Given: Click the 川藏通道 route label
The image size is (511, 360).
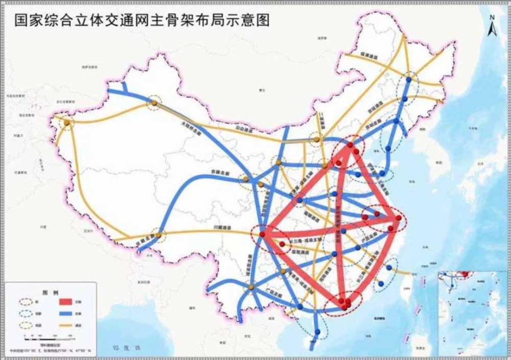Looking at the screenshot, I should pos(223,229).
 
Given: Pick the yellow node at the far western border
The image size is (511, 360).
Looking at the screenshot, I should pos(66,123).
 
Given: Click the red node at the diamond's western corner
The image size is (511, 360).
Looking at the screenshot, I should pos(262,234).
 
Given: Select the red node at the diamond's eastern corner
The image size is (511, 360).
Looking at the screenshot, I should pos(397,218).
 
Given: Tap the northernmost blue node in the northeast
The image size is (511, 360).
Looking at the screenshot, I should pos(409,79).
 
